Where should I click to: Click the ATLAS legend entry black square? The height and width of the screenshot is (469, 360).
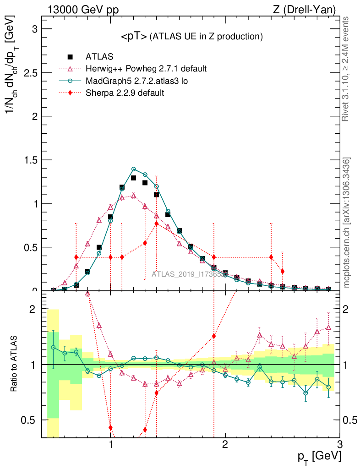pos(71,57)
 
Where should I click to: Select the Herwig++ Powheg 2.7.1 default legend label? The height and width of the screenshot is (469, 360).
pos(146,69)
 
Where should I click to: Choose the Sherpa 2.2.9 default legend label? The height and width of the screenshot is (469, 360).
pos(125,93)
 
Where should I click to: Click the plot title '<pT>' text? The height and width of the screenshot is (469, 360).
pos(134,37)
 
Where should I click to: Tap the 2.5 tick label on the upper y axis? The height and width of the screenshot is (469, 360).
pos(30,72)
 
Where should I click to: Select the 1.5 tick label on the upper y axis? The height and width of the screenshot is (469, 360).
pos(30,160)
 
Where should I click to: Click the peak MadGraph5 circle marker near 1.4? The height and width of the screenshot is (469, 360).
pos(134,169)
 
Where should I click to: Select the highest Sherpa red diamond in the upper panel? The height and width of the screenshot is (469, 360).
pos(157,224)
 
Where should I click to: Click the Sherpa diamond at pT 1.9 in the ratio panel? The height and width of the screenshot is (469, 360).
pos(213,336)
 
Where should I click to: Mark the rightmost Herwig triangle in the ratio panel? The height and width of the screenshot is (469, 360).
pos(328,327)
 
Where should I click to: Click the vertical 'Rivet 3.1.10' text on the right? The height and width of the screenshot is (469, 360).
pos(346,69)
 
